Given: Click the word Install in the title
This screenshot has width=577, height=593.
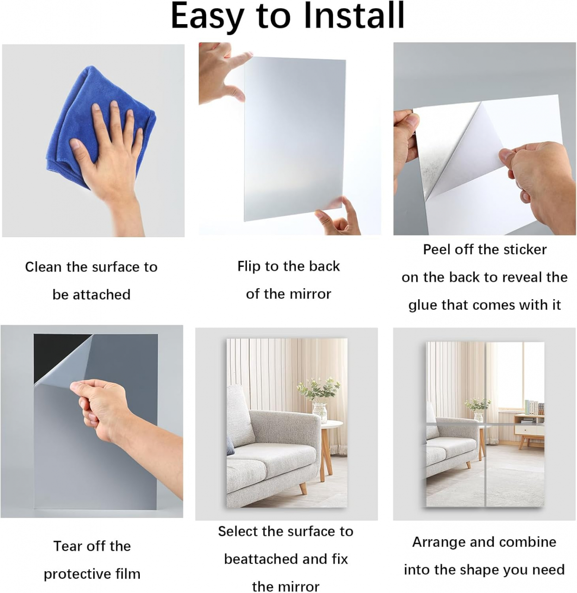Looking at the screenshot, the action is (354, 15).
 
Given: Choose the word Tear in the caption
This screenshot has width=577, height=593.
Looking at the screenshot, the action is (67, 546).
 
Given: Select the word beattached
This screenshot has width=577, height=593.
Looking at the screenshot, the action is (257, 559).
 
